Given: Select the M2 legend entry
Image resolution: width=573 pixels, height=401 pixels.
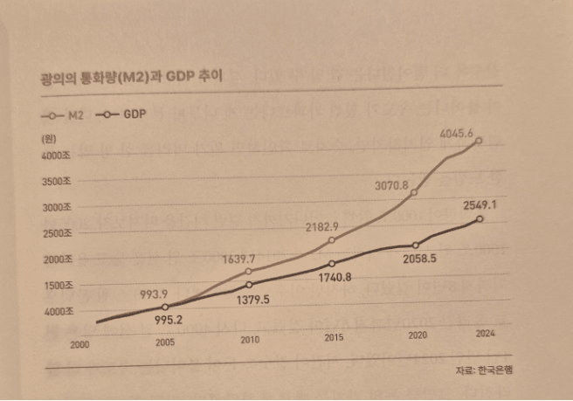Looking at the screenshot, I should [x=66, y=115].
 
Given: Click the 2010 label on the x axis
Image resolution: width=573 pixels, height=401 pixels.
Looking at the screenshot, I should [x=250, y=340].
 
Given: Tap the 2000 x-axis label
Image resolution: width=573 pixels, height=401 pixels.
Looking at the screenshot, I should [x=81, y=345].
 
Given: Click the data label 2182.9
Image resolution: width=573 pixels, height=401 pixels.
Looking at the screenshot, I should [x=322, y=227].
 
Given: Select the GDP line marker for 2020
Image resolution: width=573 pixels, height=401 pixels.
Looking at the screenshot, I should [x=415, y=245].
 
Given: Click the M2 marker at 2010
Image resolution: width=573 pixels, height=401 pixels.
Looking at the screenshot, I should [x=249, y=272].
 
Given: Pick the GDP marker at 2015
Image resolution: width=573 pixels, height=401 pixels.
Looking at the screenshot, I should [x=332, y=264].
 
